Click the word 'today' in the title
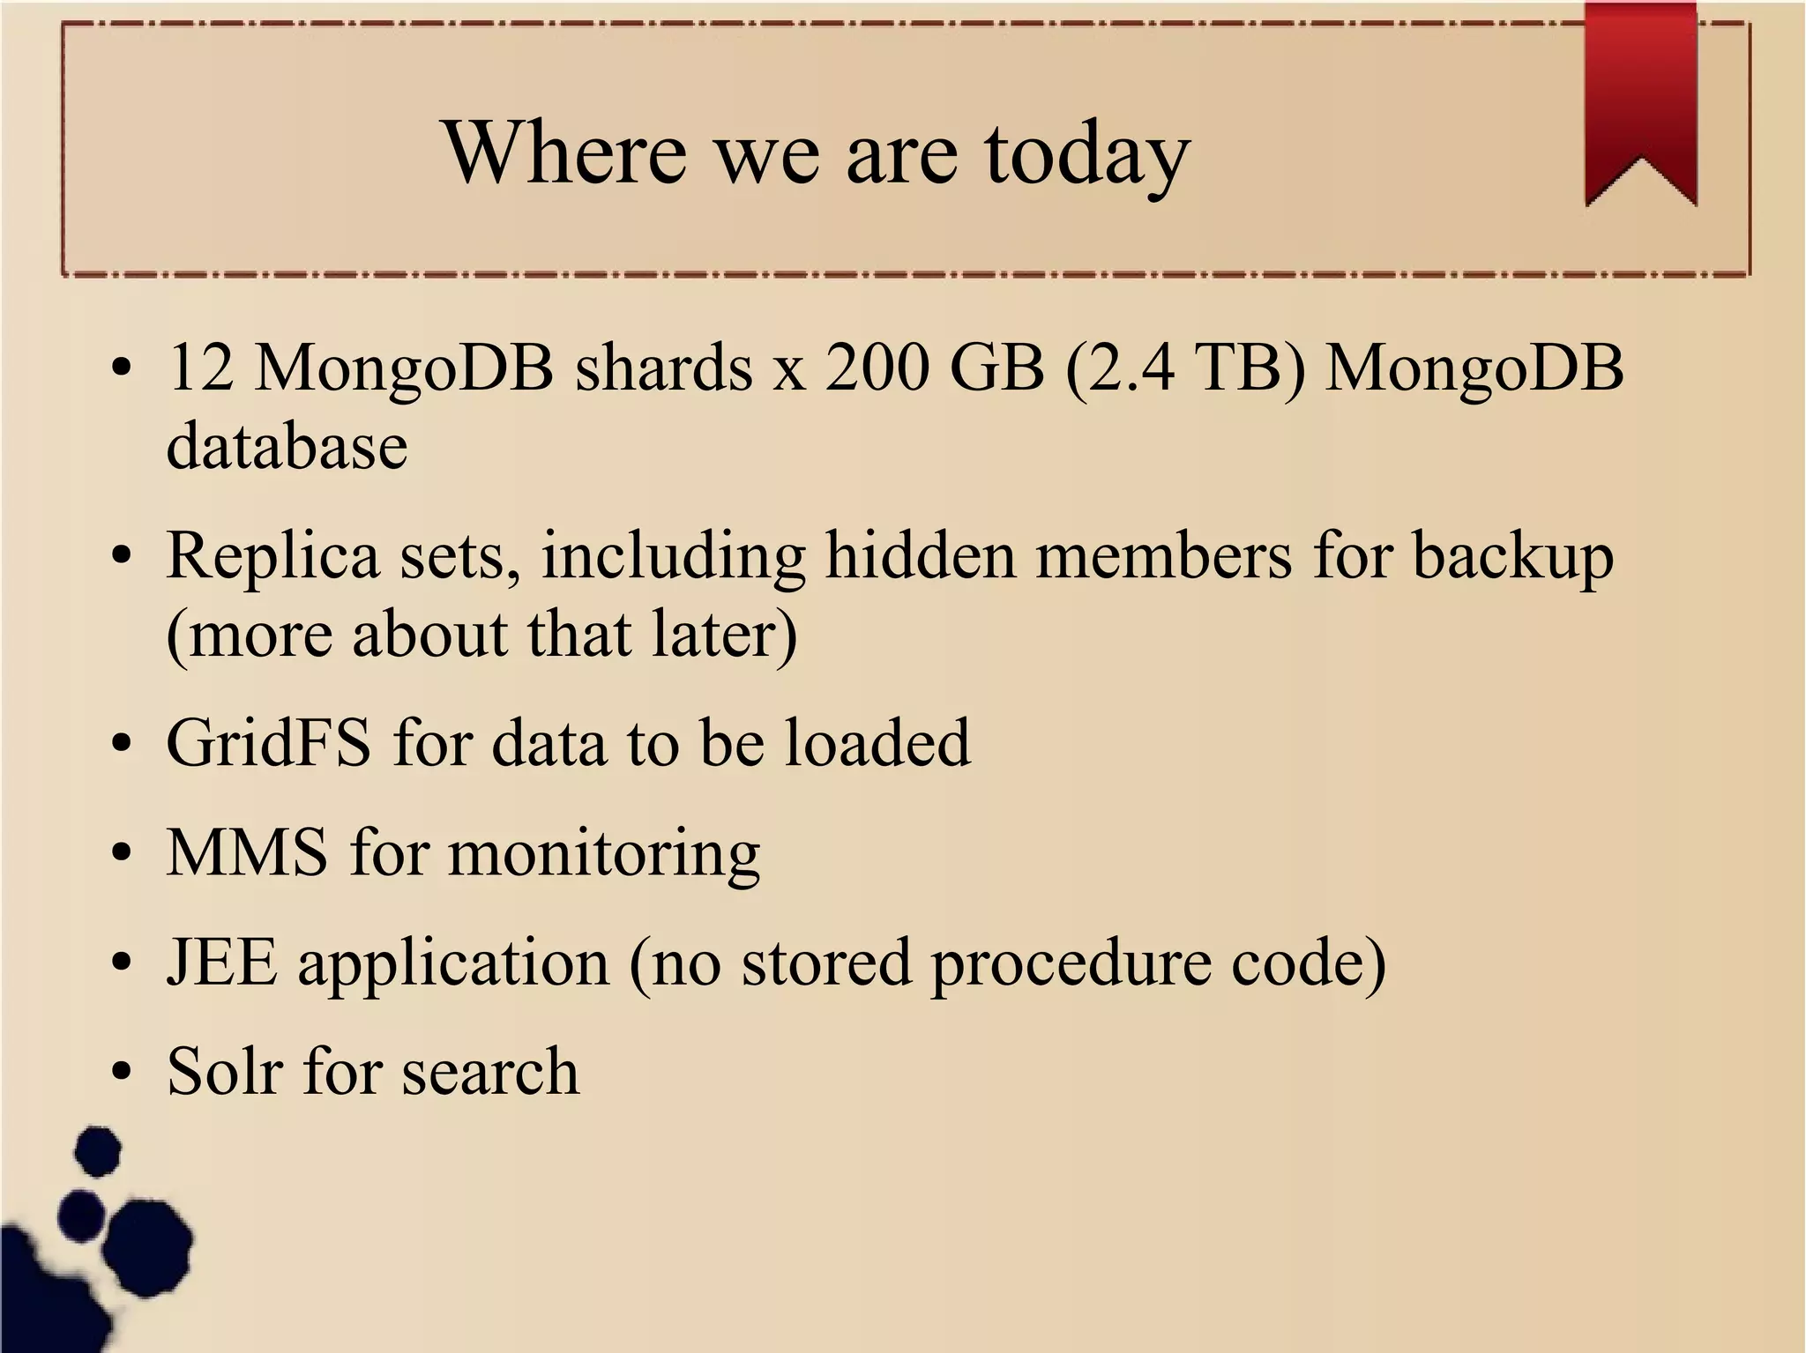(x=1086, y=154)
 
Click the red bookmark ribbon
(x=1640, y=97)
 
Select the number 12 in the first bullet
(x=200, y=368)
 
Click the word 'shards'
(x=664, y=368)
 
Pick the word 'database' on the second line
(x=287, y=445)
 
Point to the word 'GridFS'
(x=268, y=743)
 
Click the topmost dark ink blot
(x=98, y=1150)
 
